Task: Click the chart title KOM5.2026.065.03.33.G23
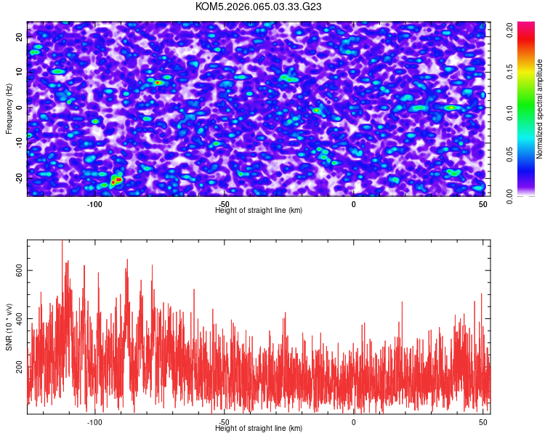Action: tap(259, 7)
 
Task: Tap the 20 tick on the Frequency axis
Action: tap(20, 36)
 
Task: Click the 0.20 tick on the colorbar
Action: tap(510, 30)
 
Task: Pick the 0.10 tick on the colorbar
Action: tap(510, 113)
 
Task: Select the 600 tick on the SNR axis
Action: tap(20, 270)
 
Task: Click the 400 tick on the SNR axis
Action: tap(20, 319)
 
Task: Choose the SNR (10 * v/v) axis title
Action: tap(9, 327)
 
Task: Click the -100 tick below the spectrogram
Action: tap(94, 204)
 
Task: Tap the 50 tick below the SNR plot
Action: tap(483, 422)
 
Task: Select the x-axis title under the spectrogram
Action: tap(259, 211)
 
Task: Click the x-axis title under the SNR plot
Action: tap(259, 429)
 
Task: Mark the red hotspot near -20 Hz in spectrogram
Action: tap(116, 179)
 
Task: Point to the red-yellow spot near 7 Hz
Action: tap(158, 82)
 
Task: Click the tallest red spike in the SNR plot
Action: tap(62, 243)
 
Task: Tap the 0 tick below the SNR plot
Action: tap(354, 422)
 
